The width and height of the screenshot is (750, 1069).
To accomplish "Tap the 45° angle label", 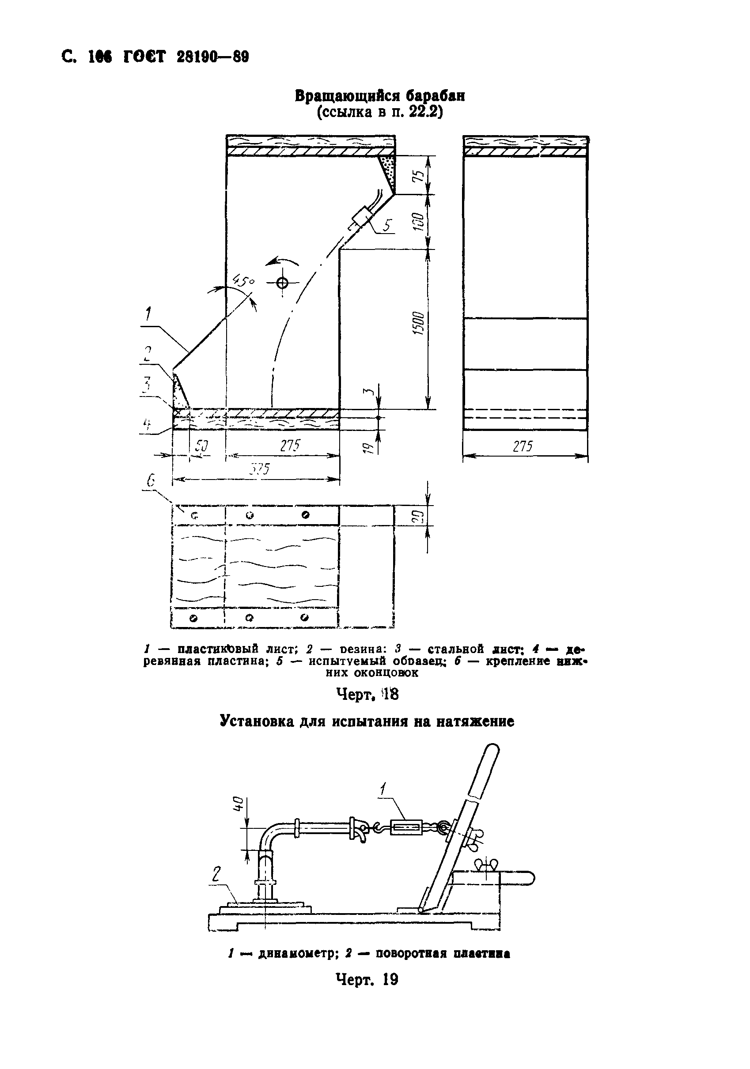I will [x=244, y=281].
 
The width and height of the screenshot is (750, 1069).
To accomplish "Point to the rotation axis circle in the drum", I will [x=282, y=282].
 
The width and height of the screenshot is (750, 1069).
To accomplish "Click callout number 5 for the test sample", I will [x=387, y=226].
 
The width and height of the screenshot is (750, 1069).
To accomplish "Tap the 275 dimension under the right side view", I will [x=522, y=446].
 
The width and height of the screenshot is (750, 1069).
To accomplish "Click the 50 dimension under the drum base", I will [x=201, y=446].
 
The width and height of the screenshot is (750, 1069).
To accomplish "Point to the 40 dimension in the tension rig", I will [x=238, y=803].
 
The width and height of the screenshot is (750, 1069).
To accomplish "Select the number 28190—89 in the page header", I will [x=213, y=57].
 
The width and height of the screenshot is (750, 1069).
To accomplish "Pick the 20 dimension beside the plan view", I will [x=418, y=516].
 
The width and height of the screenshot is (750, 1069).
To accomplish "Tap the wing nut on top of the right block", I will [x=485, y=864].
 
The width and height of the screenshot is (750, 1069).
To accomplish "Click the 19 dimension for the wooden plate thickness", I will [x=367, y=447].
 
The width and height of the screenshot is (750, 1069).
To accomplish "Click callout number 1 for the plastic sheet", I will [x=148, y=314].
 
